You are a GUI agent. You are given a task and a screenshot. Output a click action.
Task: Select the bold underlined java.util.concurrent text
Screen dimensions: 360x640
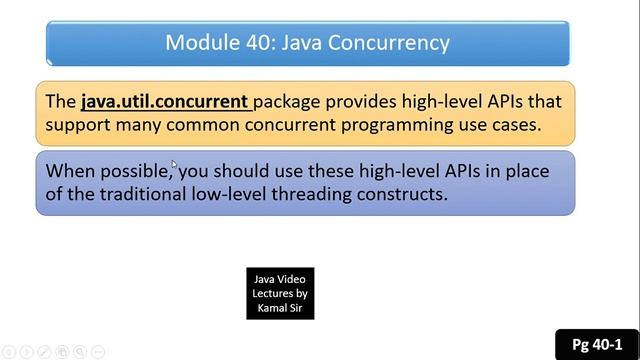click(165, 101)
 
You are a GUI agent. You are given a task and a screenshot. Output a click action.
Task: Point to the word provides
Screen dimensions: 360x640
click(372, 101)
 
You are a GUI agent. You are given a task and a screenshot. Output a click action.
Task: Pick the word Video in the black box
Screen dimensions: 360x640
click(293, 278)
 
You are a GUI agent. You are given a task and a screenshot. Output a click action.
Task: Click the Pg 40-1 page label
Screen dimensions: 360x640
click(597, 344)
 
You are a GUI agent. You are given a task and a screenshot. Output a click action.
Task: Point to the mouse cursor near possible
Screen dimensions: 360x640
click(174, 165)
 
